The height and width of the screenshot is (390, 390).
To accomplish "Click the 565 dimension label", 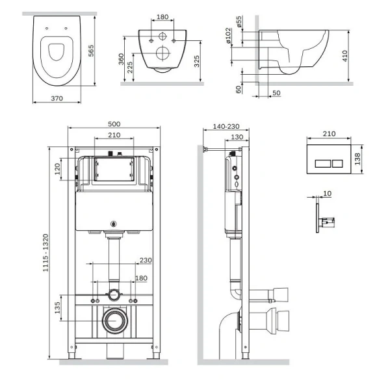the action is click(x=91, y=51).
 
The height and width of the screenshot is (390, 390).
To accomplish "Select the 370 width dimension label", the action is click(x=57, y=99).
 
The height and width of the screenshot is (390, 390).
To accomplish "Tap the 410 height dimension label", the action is click(x=344, y=56).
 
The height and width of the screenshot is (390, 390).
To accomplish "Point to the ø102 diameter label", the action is click(x=228, y=36).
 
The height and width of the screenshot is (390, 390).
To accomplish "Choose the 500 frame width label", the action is click(x=114, y=124).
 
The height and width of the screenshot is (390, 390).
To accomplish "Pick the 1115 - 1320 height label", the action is click(x=45, y=252).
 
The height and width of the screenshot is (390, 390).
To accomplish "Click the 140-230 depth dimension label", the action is click(x=226, y=126).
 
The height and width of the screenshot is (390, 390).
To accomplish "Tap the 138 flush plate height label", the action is click(x=357, y=159).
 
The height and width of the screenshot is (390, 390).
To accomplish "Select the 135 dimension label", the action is click(x=57, y=307).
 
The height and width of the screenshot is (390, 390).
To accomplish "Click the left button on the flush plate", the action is click(x=323, y=164).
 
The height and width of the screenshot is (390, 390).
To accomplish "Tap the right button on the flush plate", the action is click(x=337, y=164).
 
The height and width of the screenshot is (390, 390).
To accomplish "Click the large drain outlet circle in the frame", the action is click(x=116, y=321).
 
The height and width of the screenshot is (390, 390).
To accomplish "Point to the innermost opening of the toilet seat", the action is click(x=57, y=52).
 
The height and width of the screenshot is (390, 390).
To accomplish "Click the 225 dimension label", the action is click(x=130, y=68).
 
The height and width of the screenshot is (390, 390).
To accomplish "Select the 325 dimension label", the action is click(x=196, y=61).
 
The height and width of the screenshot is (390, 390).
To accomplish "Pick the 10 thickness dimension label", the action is click(x=328, y=193).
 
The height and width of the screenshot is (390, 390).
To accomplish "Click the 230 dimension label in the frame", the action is click(x=146, y=260).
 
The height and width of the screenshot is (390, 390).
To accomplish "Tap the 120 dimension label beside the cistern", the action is click(x=57, y=169).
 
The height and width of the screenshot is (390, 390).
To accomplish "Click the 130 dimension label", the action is click(x=237, y=137).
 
